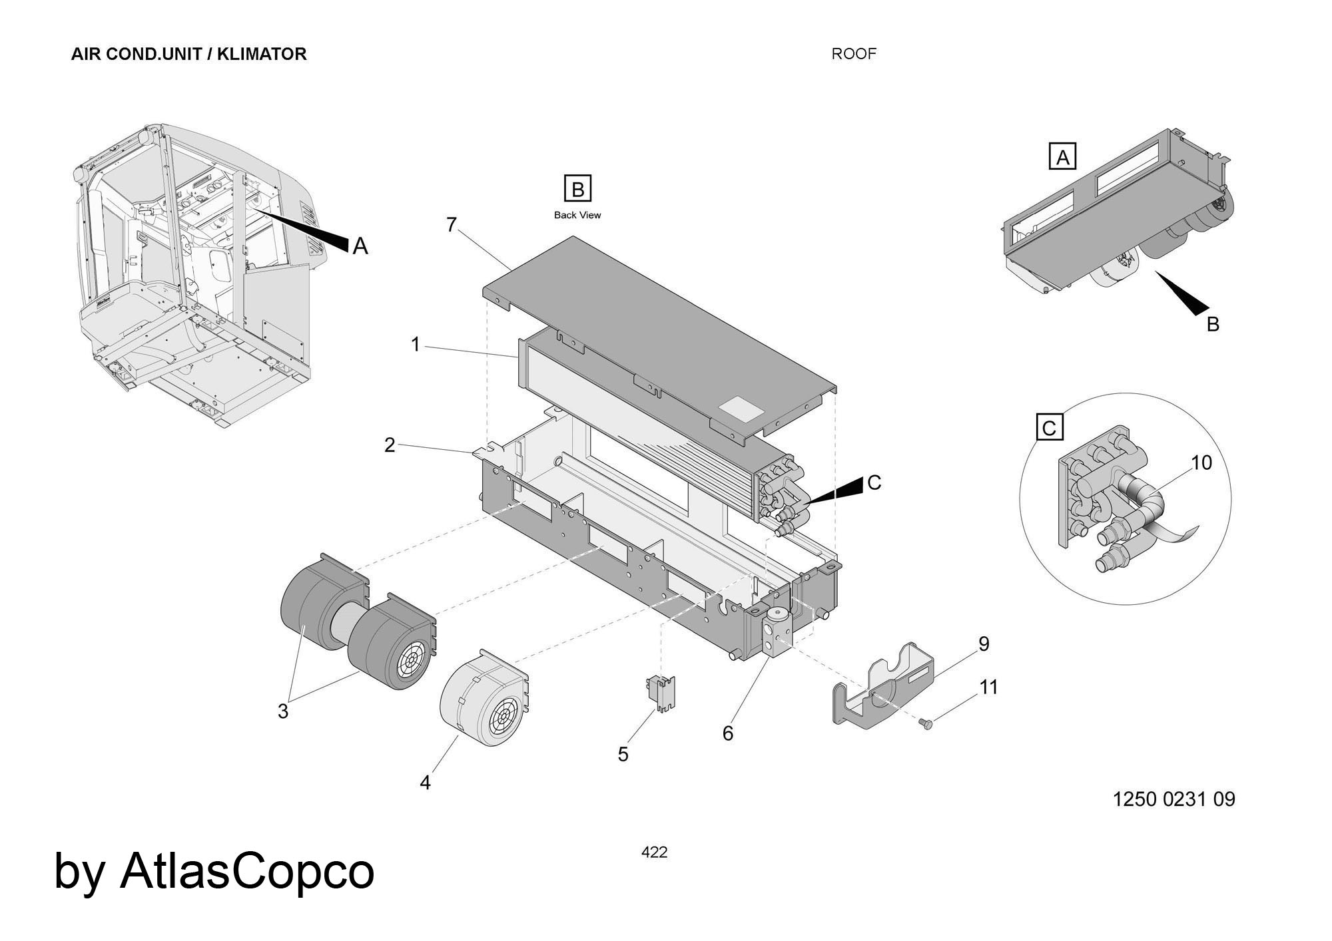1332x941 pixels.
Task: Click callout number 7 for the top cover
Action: [x=452, y=226]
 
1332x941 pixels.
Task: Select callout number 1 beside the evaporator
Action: [x=416, y=345]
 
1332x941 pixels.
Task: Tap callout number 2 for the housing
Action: [x=390, y=445]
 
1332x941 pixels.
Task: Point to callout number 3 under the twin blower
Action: [x=283, y=711]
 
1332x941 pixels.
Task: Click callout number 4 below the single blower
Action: [x=426, y=783]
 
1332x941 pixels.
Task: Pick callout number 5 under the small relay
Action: [x=623, y=754]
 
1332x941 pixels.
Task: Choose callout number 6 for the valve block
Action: [x=728, y=733]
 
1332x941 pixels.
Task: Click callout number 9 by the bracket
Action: [x=984, y=644]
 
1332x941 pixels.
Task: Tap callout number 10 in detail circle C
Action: [x=1201, y=463]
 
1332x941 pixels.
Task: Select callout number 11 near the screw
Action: [x=989, y=687]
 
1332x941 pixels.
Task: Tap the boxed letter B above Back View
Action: [x=577, y=190]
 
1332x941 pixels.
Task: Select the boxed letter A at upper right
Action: [x=1062, y=157]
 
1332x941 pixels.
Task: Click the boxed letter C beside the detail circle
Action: [x=1050, y=427]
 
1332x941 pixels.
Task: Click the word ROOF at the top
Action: [x=854, y=54]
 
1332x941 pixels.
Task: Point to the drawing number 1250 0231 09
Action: [x=1173, y=799]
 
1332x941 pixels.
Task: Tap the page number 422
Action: [x=654, y=852]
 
